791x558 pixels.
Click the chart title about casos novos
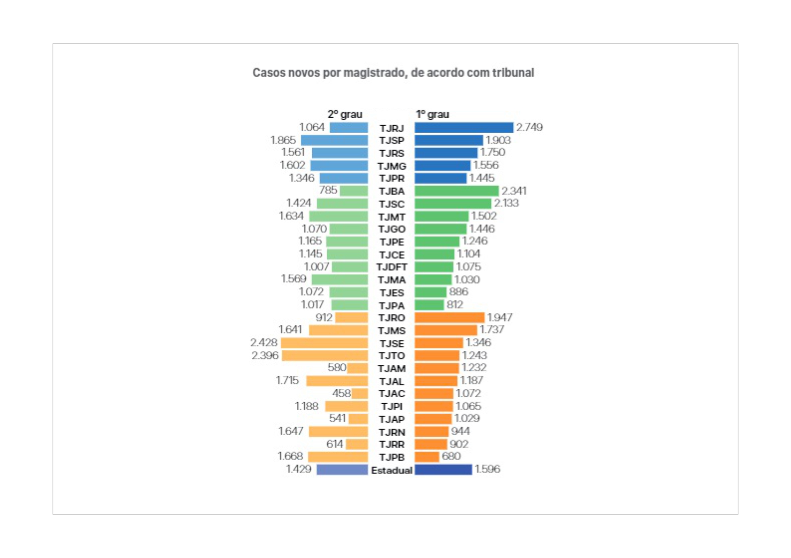click(x=393, y=73)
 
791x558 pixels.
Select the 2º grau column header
click(x=345, y=114)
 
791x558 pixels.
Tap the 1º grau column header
click(x=432, y=114)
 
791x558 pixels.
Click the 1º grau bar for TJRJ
click(x=464, y=128)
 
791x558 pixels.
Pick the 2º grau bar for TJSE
click(x=324, y=343)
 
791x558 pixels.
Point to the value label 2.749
click(x=529, y=128)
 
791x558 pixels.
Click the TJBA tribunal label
click(x=392, y=191)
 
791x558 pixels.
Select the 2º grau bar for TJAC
click(x=360, y=393)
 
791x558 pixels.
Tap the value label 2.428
click(x=264, y=342)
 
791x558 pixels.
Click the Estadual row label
click(x=392, y=470)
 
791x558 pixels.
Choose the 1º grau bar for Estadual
click(x=443, y=469)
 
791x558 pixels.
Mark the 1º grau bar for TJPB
click(x=427, y=457)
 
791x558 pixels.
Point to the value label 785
click(x=328, y=190)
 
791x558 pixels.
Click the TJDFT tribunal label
click(x=392, y=267)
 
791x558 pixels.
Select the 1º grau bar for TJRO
click(x=449, y=318)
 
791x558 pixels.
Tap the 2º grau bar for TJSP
click(x=334, y=140)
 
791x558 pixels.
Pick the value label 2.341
click(x=514, y=191)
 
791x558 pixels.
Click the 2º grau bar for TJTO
click(x=325, y=356)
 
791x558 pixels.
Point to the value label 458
click(x=341, y=393)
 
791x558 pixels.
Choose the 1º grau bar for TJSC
click(x=453, y=204)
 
